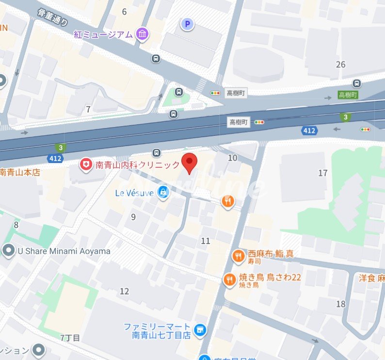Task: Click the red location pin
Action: pyautogui.click(x=189, y=162)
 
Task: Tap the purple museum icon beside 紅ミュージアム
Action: pyautogui.click(x=143, y=34)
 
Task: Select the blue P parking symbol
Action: pyautogui.click(x=187, y=23)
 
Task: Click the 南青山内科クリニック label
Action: pyautogui.click(x=138, y=165)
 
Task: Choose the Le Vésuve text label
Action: pyautogui.click(x=134, y=193)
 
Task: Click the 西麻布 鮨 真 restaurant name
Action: pyautogui.click(x=271, y=253)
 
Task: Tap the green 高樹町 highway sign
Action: pyautogui.click(x=348, y=95)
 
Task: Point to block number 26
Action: pyautogui.click(x=341, y=65)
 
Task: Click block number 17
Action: pyautogui.click(x=323, y=173)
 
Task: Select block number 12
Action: pyautogui.click(x=125, y=291)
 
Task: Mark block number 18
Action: pyautogui.click(x=341, y=304)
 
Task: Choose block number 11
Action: pyautogui.click(x=206, y=241)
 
